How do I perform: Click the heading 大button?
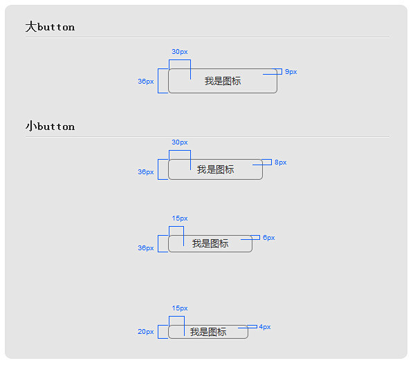(x=50, y=27)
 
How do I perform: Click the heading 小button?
(x=50, y=127)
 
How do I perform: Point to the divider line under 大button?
(x=207, y=37)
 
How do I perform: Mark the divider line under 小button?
(x=207, y=136)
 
